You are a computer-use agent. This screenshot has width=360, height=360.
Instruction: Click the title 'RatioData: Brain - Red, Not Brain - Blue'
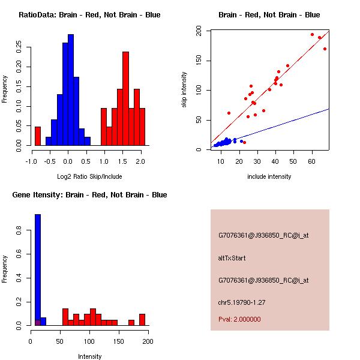(89, 15)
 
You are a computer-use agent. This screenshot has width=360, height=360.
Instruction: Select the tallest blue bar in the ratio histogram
(71, 90)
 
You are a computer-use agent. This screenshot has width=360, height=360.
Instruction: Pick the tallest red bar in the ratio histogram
(125, 98)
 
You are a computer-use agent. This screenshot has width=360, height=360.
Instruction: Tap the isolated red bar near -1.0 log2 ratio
(38, 136)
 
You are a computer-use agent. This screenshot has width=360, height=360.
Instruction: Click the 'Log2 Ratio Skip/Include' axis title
(89, 176)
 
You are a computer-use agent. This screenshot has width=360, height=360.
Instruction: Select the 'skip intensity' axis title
(184, 90)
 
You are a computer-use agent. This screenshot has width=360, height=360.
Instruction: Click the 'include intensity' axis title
(269, 176)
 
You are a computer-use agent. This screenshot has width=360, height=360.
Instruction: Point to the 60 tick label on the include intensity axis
(312, 161)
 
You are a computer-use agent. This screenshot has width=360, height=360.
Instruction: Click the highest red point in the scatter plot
(312, 34)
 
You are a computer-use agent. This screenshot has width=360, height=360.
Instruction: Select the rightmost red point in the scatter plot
(325, 49)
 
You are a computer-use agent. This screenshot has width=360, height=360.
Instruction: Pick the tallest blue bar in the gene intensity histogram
(38, 270)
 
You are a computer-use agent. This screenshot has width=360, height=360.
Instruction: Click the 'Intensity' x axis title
(89, 356)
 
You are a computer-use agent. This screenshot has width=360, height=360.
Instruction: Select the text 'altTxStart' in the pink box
(232, 258)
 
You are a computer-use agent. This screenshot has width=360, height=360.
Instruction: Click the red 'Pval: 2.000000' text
(239, 319)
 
